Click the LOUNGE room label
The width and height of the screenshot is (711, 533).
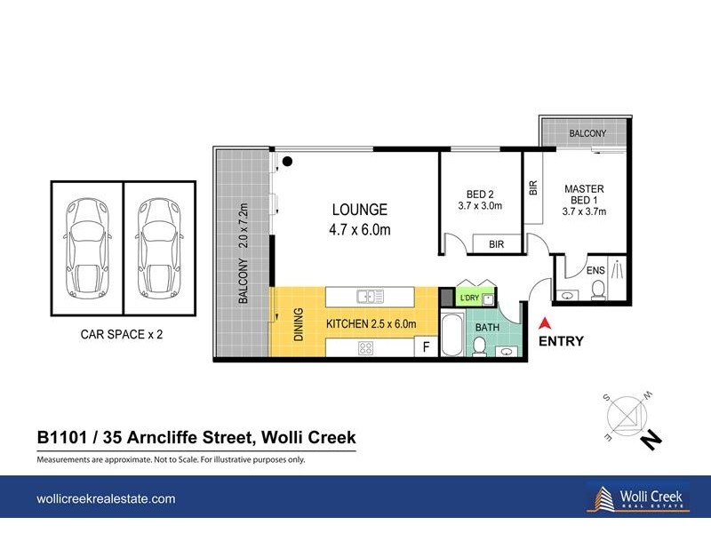pos(360,211)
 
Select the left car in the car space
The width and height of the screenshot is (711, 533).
pos(87,248)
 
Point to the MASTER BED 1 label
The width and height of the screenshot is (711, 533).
pos(584,200)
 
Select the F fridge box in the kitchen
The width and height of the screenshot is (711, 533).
pos(426,346)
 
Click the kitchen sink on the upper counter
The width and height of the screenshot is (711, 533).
pos(368,296)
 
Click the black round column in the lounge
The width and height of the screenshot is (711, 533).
pos(287,161)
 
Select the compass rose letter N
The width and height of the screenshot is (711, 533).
pos(653,438)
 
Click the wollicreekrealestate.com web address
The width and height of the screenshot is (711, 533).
pos(106,499)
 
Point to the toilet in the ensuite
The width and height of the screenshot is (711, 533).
pos(598,287)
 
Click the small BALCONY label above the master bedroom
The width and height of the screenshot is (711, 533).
pos(587,133)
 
